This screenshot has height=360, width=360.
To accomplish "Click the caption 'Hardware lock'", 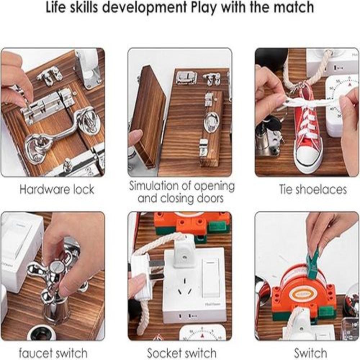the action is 57,190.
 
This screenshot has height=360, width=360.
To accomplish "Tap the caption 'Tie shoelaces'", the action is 313,190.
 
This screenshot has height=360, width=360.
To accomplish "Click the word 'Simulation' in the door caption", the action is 154,186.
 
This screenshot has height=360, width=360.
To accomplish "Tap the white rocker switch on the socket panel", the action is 210,278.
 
